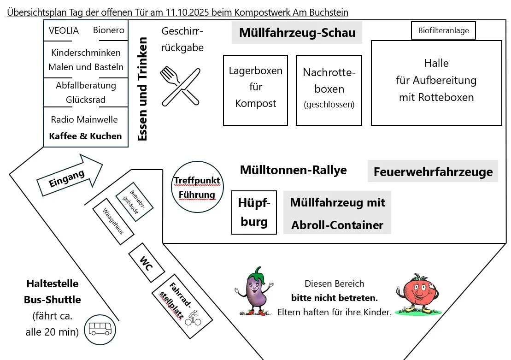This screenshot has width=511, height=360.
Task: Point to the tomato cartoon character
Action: (418, 293)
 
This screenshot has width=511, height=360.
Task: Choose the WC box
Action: (147, 263)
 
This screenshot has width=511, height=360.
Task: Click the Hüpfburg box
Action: (254, 212)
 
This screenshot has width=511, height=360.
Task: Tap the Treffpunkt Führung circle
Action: (197, 188)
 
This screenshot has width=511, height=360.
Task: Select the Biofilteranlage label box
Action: (443, 31)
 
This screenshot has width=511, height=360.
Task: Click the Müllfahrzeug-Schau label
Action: (297, 33)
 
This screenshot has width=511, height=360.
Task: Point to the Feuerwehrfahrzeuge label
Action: (433, 171)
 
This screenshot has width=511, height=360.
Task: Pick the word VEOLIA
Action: (64, 30)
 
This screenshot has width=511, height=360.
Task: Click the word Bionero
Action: (109, 30)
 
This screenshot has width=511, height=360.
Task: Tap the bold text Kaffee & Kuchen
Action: (85, 136)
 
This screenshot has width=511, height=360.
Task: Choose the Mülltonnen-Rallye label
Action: (293, 170)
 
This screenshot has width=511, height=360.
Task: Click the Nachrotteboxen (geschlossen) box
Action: (329, 90)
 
